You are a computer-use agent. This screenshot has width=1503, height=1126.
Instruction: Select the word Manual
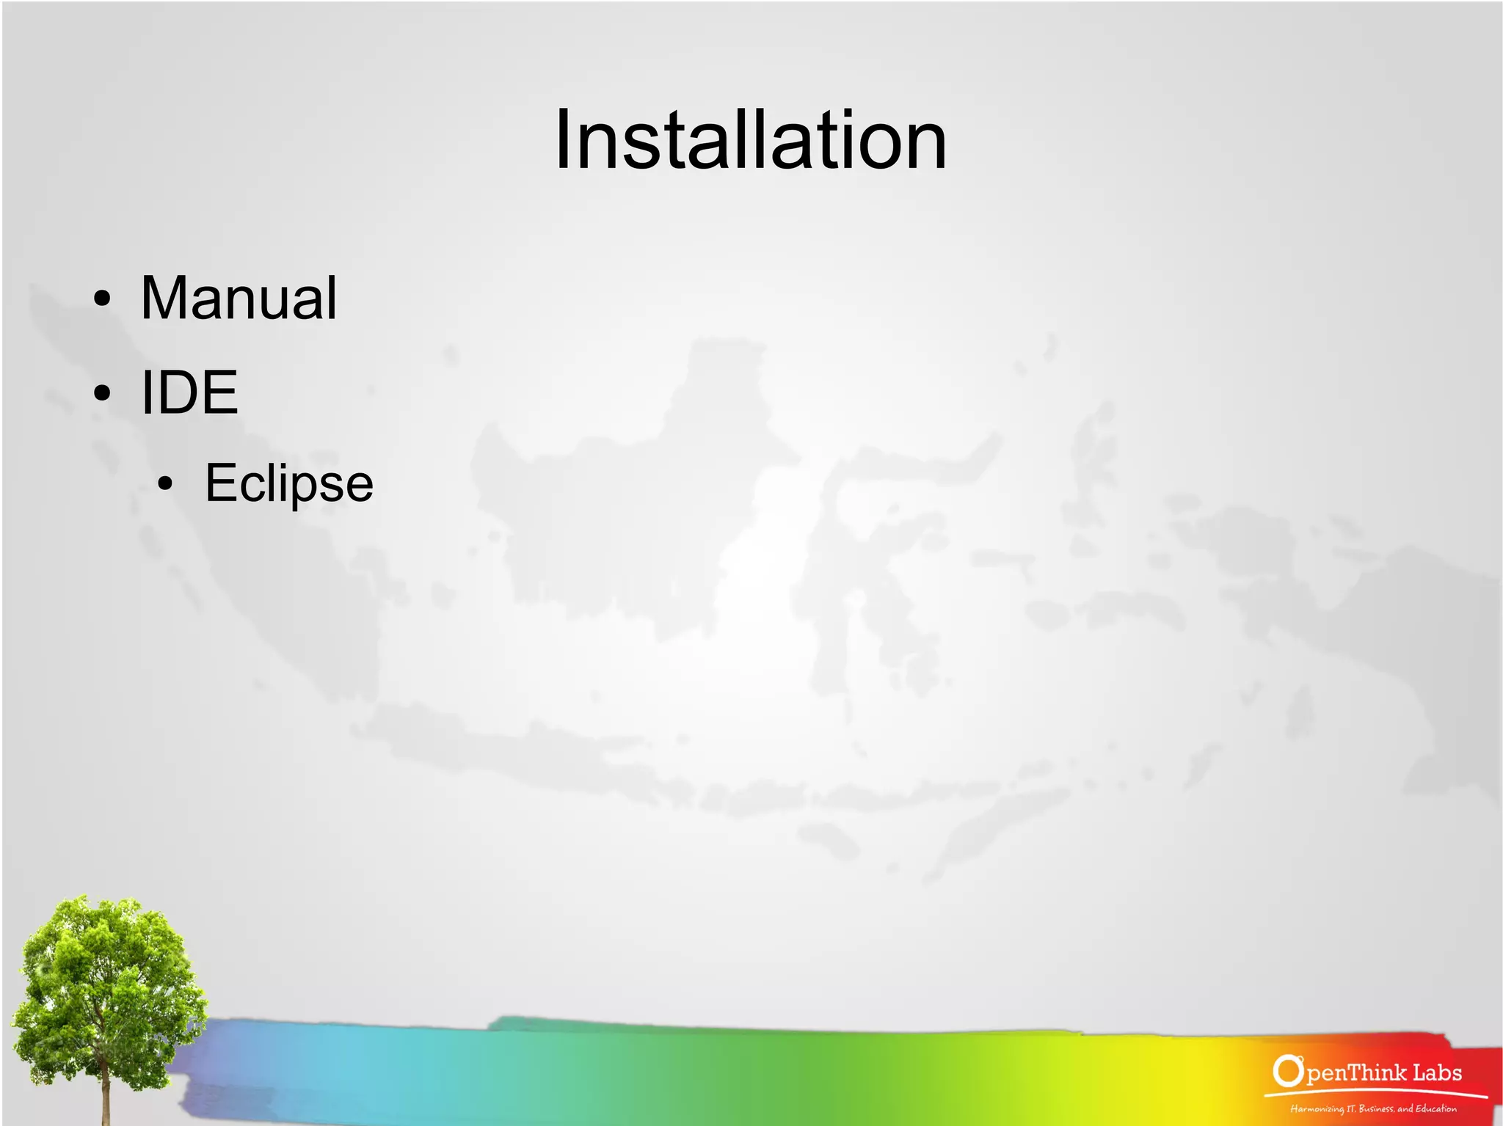239,298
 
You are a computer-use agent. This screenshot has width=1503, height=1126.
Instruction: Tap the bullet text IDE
189,392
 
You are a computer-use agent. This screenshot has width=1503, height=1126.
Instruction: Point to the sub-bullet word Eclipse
289,483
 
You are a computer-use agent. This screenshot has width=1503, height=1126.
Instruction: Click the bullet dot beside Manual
103,299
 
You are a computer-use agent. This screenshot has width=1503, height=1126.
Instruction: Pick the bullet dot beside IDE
103,392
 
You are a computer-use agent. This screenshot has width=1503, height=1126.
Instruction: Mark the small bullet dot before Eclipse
166,483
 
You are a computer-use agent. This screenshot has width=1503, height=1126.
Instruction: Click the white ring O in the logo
1287,1070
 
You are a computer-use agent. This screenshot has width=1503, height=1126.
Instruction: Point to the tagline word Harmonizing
1317,1108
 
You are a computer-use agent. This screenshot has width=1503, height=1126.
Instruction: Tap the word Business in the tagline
1377,1108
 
